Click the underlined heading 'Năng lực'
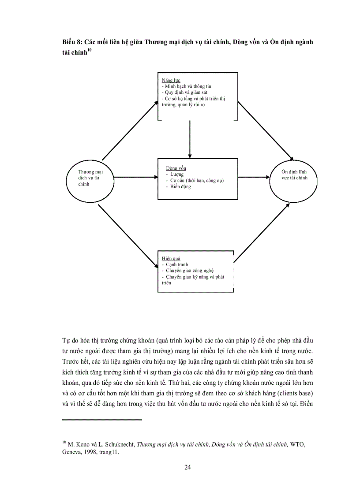169,81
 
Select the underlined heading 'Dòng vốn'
176,168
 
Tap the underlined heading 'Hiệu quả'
171,258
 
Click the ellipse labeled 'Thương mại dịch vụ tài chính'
90,178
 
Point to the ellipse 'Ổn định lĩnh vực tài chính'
295,178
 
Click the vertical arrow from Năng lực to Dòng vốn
190,139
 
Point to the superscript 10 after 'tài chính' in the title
89,50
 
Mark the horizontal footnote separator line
102,420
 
